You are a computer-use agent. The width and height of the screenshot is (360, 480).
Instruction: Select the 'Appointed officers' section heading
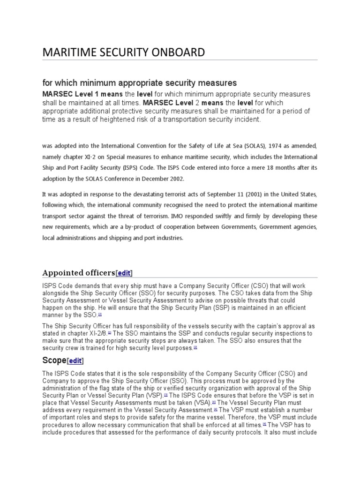(79, 272)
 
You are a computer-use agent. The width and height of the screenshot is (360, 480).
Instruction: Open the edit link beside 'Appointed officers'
(124, 273)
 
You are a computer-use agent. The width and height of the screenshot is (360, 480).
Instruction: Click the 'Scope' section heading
(54, 360)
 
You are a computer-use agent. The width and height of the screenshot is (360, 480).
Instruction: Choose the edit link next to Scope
(75, 360)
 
